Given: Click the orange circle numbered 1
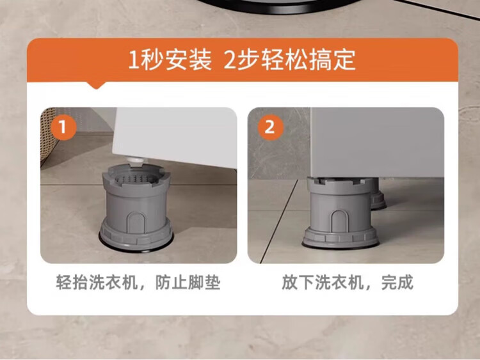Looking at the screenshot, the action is click(63, 127).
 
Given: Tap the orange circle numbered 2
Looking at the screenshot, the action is click(270, 127).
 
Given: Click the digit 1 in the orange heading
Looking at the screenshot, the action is click(134, 59).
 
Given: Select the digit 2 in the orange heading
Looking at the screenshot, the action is click(229, 59).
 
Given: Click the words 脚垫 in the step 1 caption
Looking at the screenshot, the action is click(204, 283).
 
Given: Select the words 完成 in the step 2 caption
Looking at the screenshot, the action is click(397, 283).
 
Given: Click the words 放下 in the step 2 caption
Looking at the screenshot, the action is click(298, 283).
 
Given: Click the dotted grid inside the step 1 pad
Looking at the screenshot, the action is click(134, 178).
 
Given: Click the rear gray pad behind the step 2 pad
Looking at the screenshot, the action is click(378, 197).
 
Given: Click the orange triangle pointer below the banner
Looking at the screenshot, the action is click(97, 85).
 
